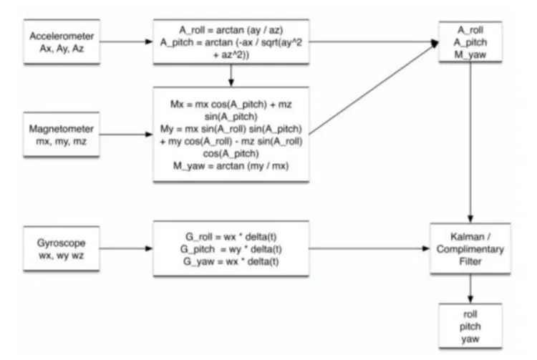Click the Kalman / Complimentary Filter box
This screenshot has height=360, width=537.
coord(470,249)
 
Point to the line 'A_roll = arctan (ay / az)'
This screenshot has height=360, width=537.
coord(231,29)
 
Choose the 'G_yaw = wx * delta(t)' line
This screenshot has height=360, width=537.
coord(231,261)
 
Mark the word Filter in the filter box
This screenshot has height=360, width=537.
coord(470,262)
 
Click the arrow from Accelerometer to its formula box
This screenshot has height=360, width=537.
coord(125,41)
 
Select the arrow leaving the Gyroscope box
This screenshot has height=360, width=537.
coord(125,249)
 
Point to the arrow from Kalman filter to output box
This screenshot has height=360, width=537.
coord(470,286)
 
